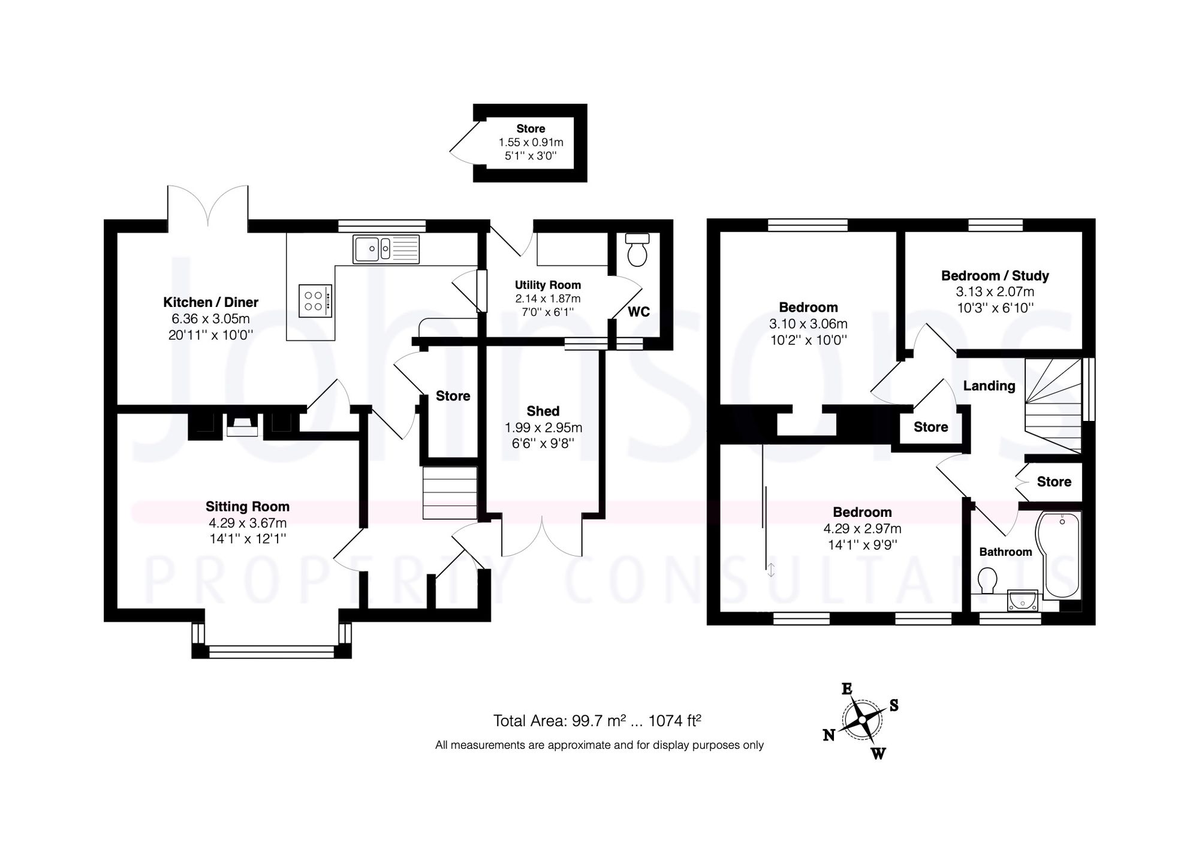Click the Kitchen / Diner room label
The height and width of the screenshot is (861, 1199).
coord(210,302)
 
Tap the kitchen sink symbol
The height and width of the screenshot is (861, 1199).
coord(386,249)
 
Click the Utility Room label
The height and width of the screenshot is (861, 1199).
coord(548,285)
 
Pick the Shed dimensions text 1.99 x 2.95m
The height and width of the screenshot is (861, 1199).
coord(543,428)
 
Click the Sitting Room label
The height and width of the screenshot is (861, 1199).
coord(247,507)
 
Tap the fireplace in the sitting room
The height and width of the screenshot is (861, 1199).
coord(242,426)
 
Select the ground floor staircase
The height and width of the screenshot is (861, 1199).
coord(450,492)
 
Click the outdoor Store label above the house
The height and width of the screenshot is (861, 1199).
coord(531,128)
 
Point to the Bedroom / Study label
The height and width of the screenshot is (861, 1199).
coord(995,276)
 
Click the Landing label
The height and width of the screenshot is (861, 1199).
coord(989,386)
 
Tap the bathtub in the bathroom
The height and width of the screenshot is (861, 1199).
coord(1062,555)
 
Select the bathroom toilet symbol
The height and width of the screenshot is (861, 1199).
coord(987,580)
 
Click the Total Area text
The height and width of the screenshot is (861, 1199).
coord(597,720)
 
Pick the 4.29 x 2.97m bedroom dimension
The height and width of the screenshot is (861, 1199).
coord(862,528)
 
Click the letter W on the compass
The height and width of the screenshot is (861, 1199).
coord(878,754)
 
